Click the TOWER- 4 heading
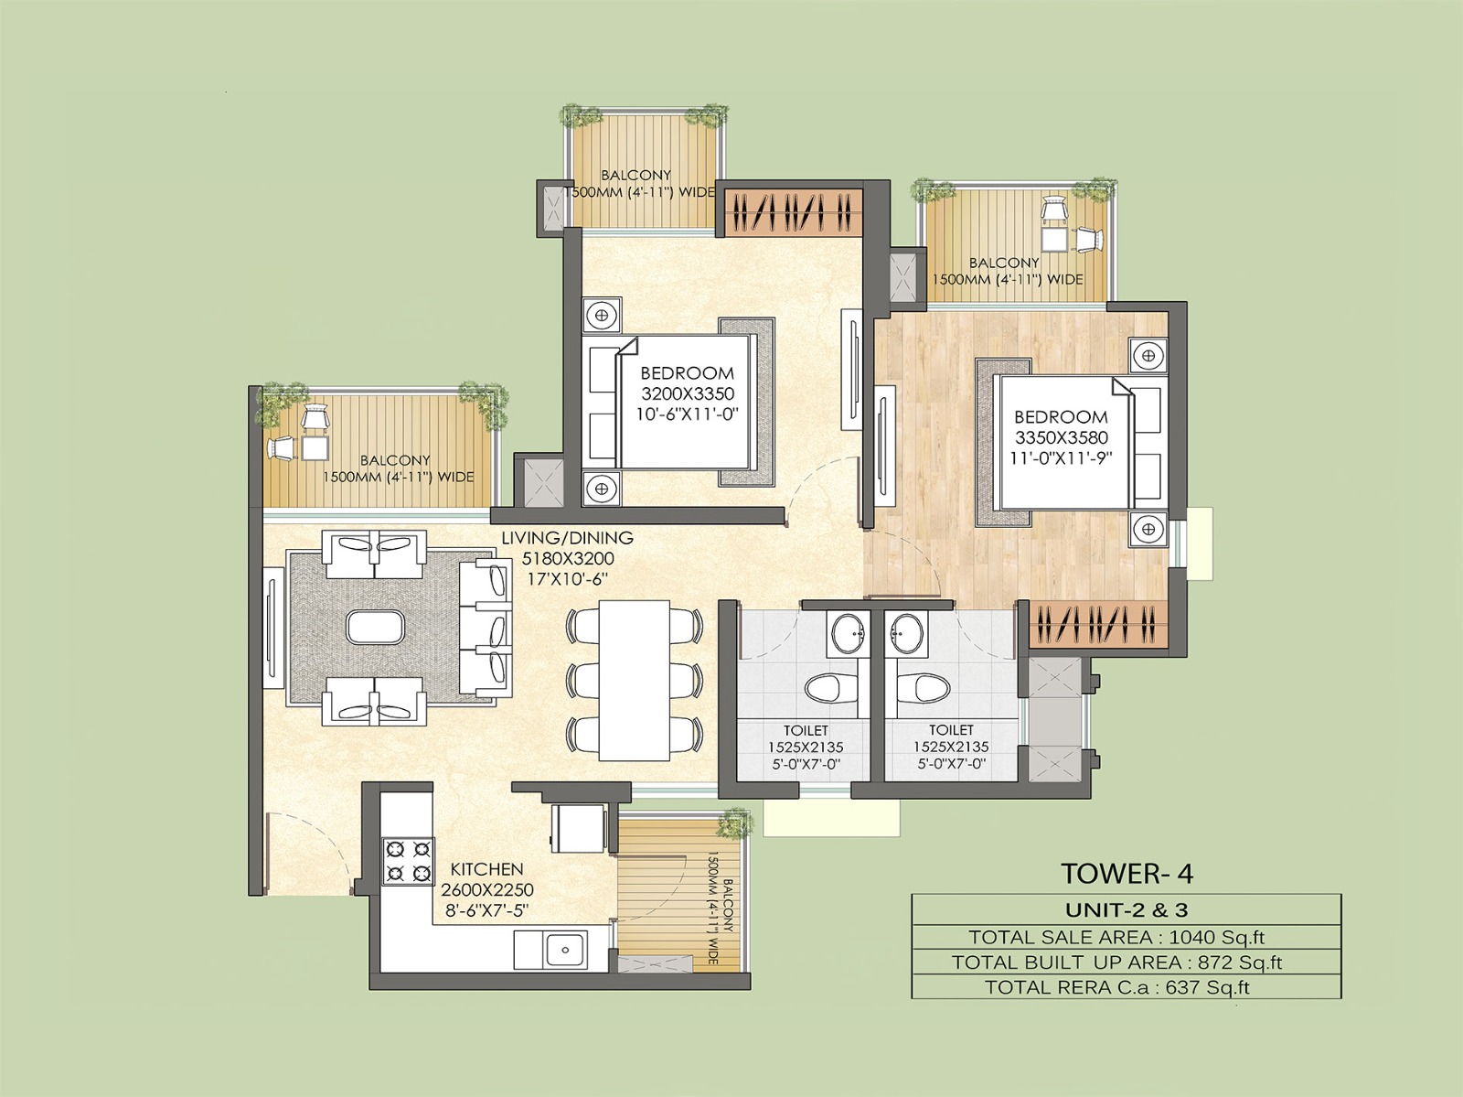click(x=1127, y=874)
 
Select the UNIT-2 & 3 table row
click(x=1126, y=909)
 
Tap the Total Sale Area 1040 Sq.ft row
click(x=1126, y=936)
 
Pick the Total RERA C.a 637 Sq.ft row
click(x=1126, y=986)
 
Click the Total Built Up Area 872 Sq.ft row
click(x=1126, y=962)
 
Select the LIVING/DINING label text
click(x=567, y=539)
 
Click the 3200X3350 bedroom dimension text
click(x=688, y=393)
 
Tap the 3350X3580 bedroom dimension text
click(x=1061, y=437)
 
